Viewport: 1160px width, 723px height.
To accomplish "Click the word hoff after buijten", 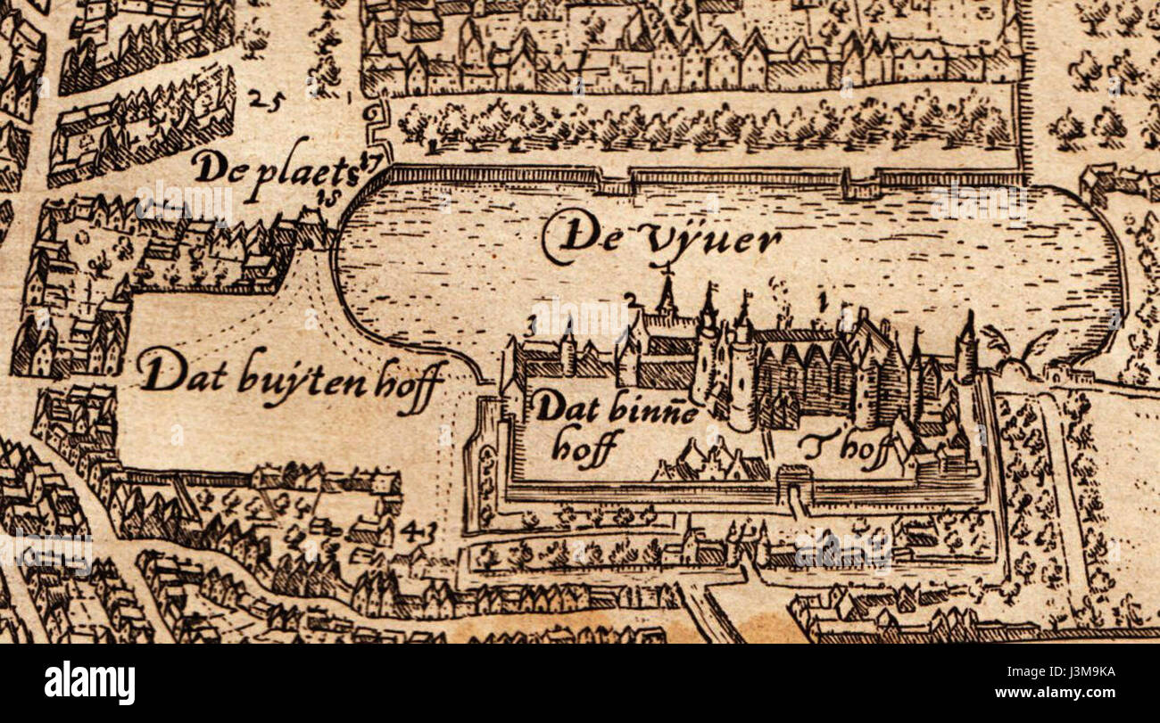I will pos(411,385).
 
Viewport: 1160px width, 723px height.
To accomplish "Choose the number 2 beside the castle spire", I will pos(632,298).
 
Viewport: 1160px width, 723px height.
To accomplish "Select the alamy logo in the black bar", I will pos(90,683).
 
